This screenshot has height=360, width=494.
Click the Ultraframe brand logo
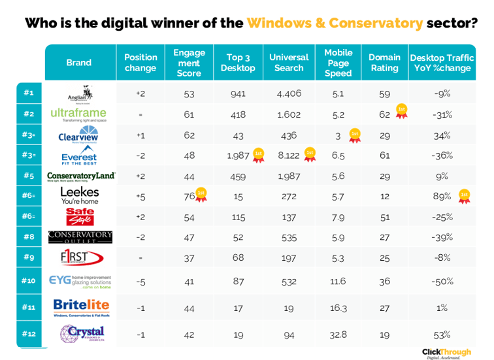78,115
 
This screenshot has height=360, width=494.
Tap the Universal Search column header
289,63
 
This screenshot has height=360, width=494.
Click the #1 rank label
29,93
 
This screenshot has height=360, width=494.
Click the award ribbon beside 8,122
310,154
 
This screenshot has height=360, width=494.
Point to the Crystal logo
82,334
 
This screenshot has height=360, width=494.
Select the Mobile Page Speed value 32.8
338,335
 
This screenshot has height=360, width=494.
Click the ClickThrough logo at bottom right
446,352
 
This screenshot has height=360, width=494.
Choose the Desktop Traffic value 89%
442,196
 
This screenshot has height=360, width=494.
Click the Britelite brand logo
81,307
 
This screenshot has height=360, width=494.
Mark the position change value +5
140,196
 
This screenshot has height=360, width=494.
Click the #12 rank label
29,333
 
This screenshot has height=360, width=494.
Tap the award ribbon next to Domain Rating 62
402,112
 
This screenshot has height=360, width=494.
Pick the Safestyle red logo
80,217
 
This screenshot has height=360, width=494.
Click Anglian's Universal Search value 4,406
289,93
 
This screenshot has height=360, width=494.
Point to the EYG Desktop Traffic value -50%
442,282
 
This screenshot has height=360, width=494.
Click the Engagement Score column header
189,63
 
